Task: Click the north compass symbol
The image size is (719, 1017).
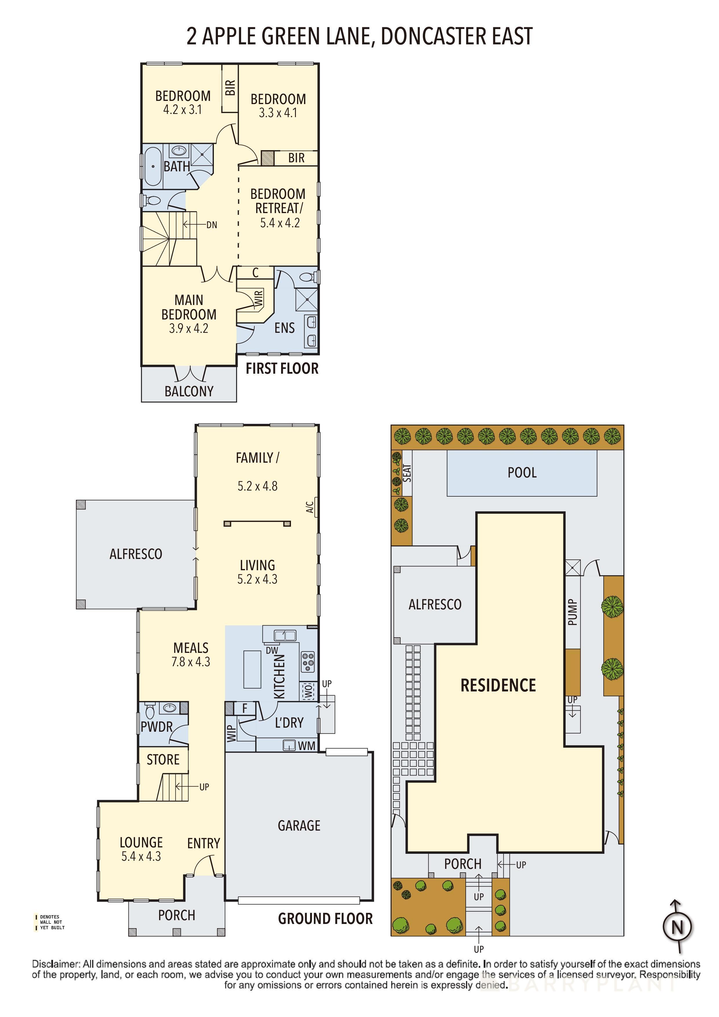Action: [x=677, y=926]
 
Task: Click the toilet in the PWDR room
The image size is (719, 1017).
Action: [x=150, y=711]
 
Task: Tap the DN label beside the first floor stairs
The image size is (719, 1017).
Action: [x=212, y=225]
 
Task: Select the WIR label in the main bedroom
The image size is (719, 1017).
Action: [x=259, y=298]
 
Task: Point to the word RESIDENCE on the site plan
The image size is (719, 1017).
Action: [x=498, y=685]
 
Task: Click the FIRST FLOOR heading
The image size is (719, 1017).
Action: [x=282, y=368]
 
